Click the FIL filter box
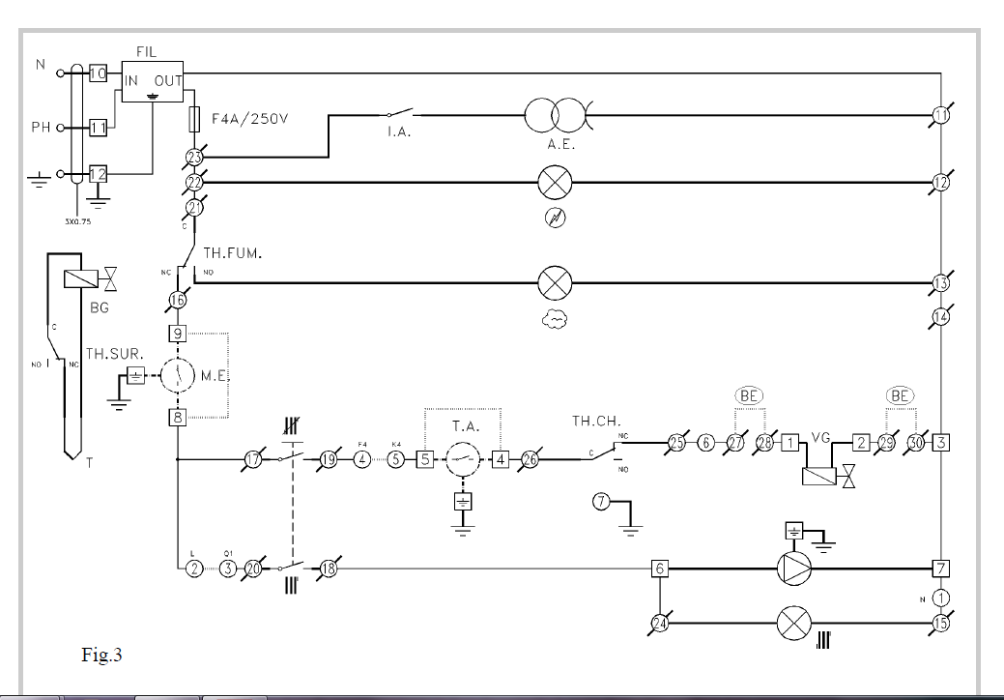(153, 80)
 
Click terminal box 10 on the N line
(98, 73)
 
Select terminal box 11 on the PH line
(98, 128)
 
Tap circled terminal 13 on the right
(941, 282)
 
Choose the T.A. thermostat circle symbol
(463, 460)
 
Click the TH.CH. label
(595, 422)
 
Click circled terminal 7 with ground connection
(603, 503)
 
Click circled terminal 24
(660, 624)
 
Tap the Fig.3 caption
(101, 656)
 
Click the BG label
(100, 308)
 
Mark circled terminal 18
(328, 568)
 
